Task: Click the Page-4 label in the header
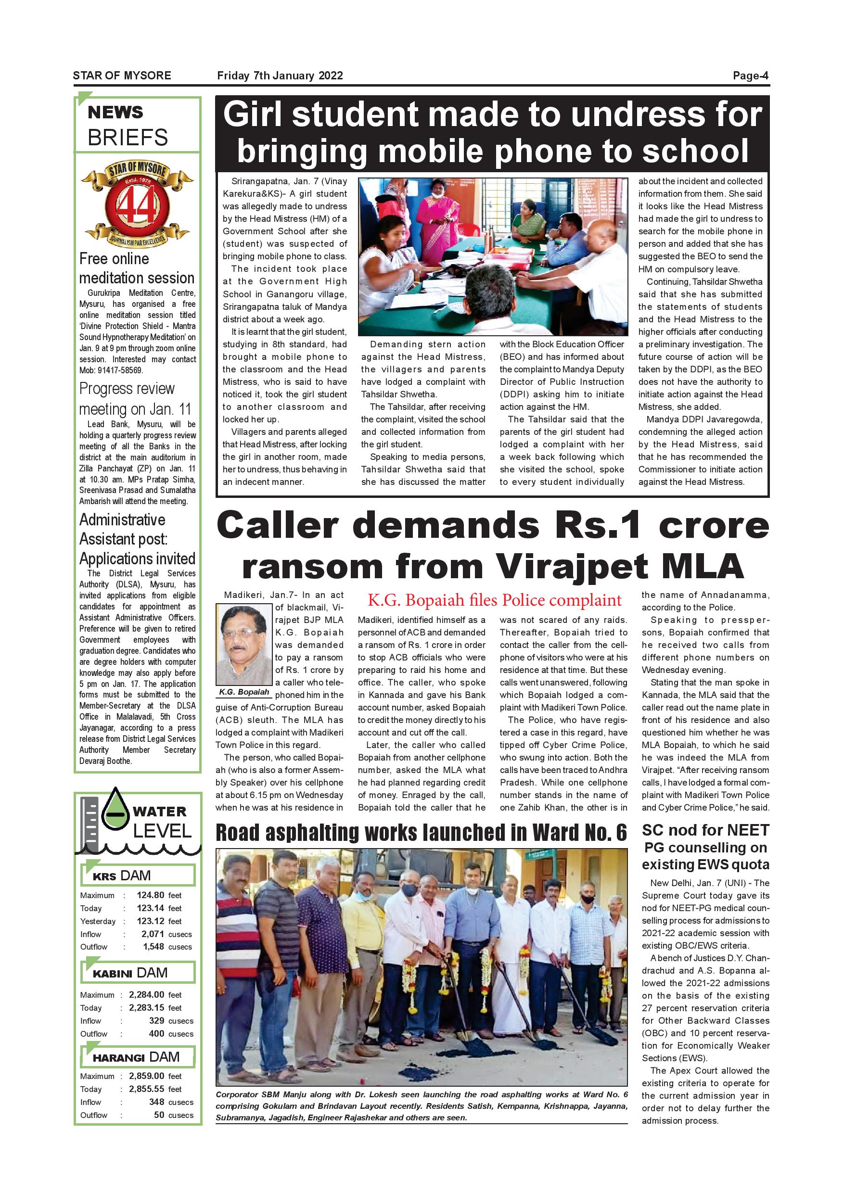tap(750, 76)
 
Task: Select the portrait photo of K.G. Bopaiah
tap(244, 646)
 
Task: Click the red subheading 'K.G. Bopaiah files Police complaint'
tap(494, 600)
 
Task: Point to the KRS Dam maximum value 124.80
tap(150, 895)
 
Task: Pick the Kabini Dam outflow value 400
tap(156, 1033)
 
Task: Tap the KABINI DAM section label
tap(130, 973)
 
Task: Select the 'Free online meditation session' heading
tap(136, 268)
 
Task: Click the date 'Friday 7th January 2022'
tap(280, 76)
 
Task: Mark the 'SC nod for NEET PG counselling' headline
tap(705, 848)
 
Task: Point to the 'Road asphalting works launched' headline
tap(421, 832)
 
